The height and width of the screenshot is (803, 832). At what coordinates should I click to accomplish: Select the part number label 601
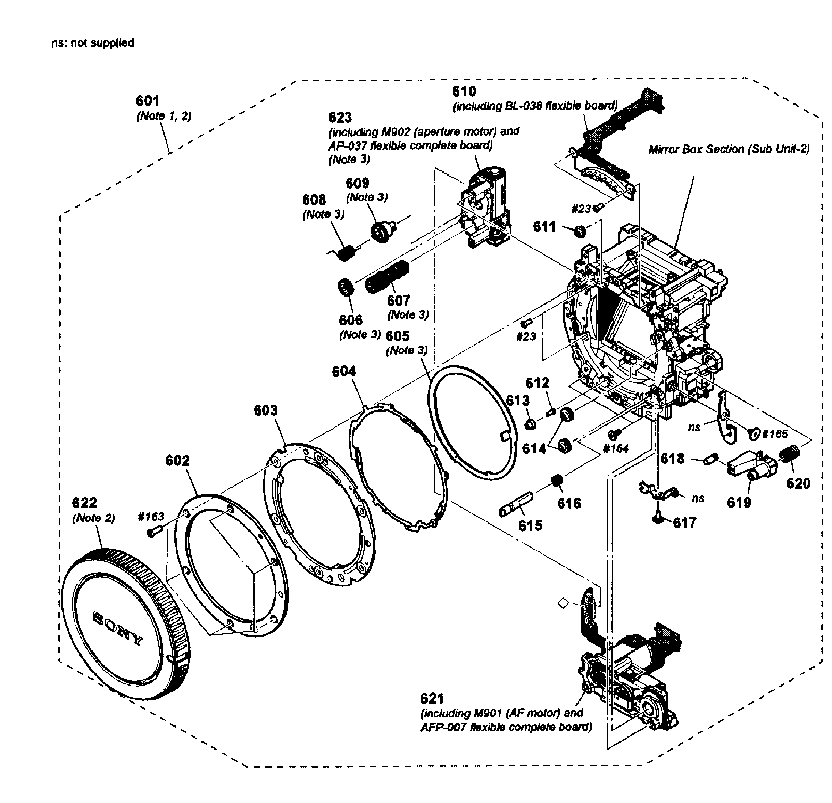coord(147,101)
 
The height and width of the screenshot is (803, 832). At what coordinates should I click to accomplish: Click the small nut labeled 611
coord(580,232)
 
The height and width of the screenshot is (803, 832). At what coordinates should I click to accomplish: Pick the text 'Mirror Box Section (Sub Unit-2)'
coord(729,149)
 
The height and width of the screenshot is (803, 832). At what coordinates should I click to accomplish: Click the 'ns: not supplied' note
coord(92,43)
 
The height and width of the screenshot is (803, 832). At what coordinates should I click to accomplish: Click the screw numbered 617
coord(658,518)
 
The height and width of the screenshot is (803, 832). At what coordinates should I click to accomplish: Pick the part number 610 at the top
coord(464,91)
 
